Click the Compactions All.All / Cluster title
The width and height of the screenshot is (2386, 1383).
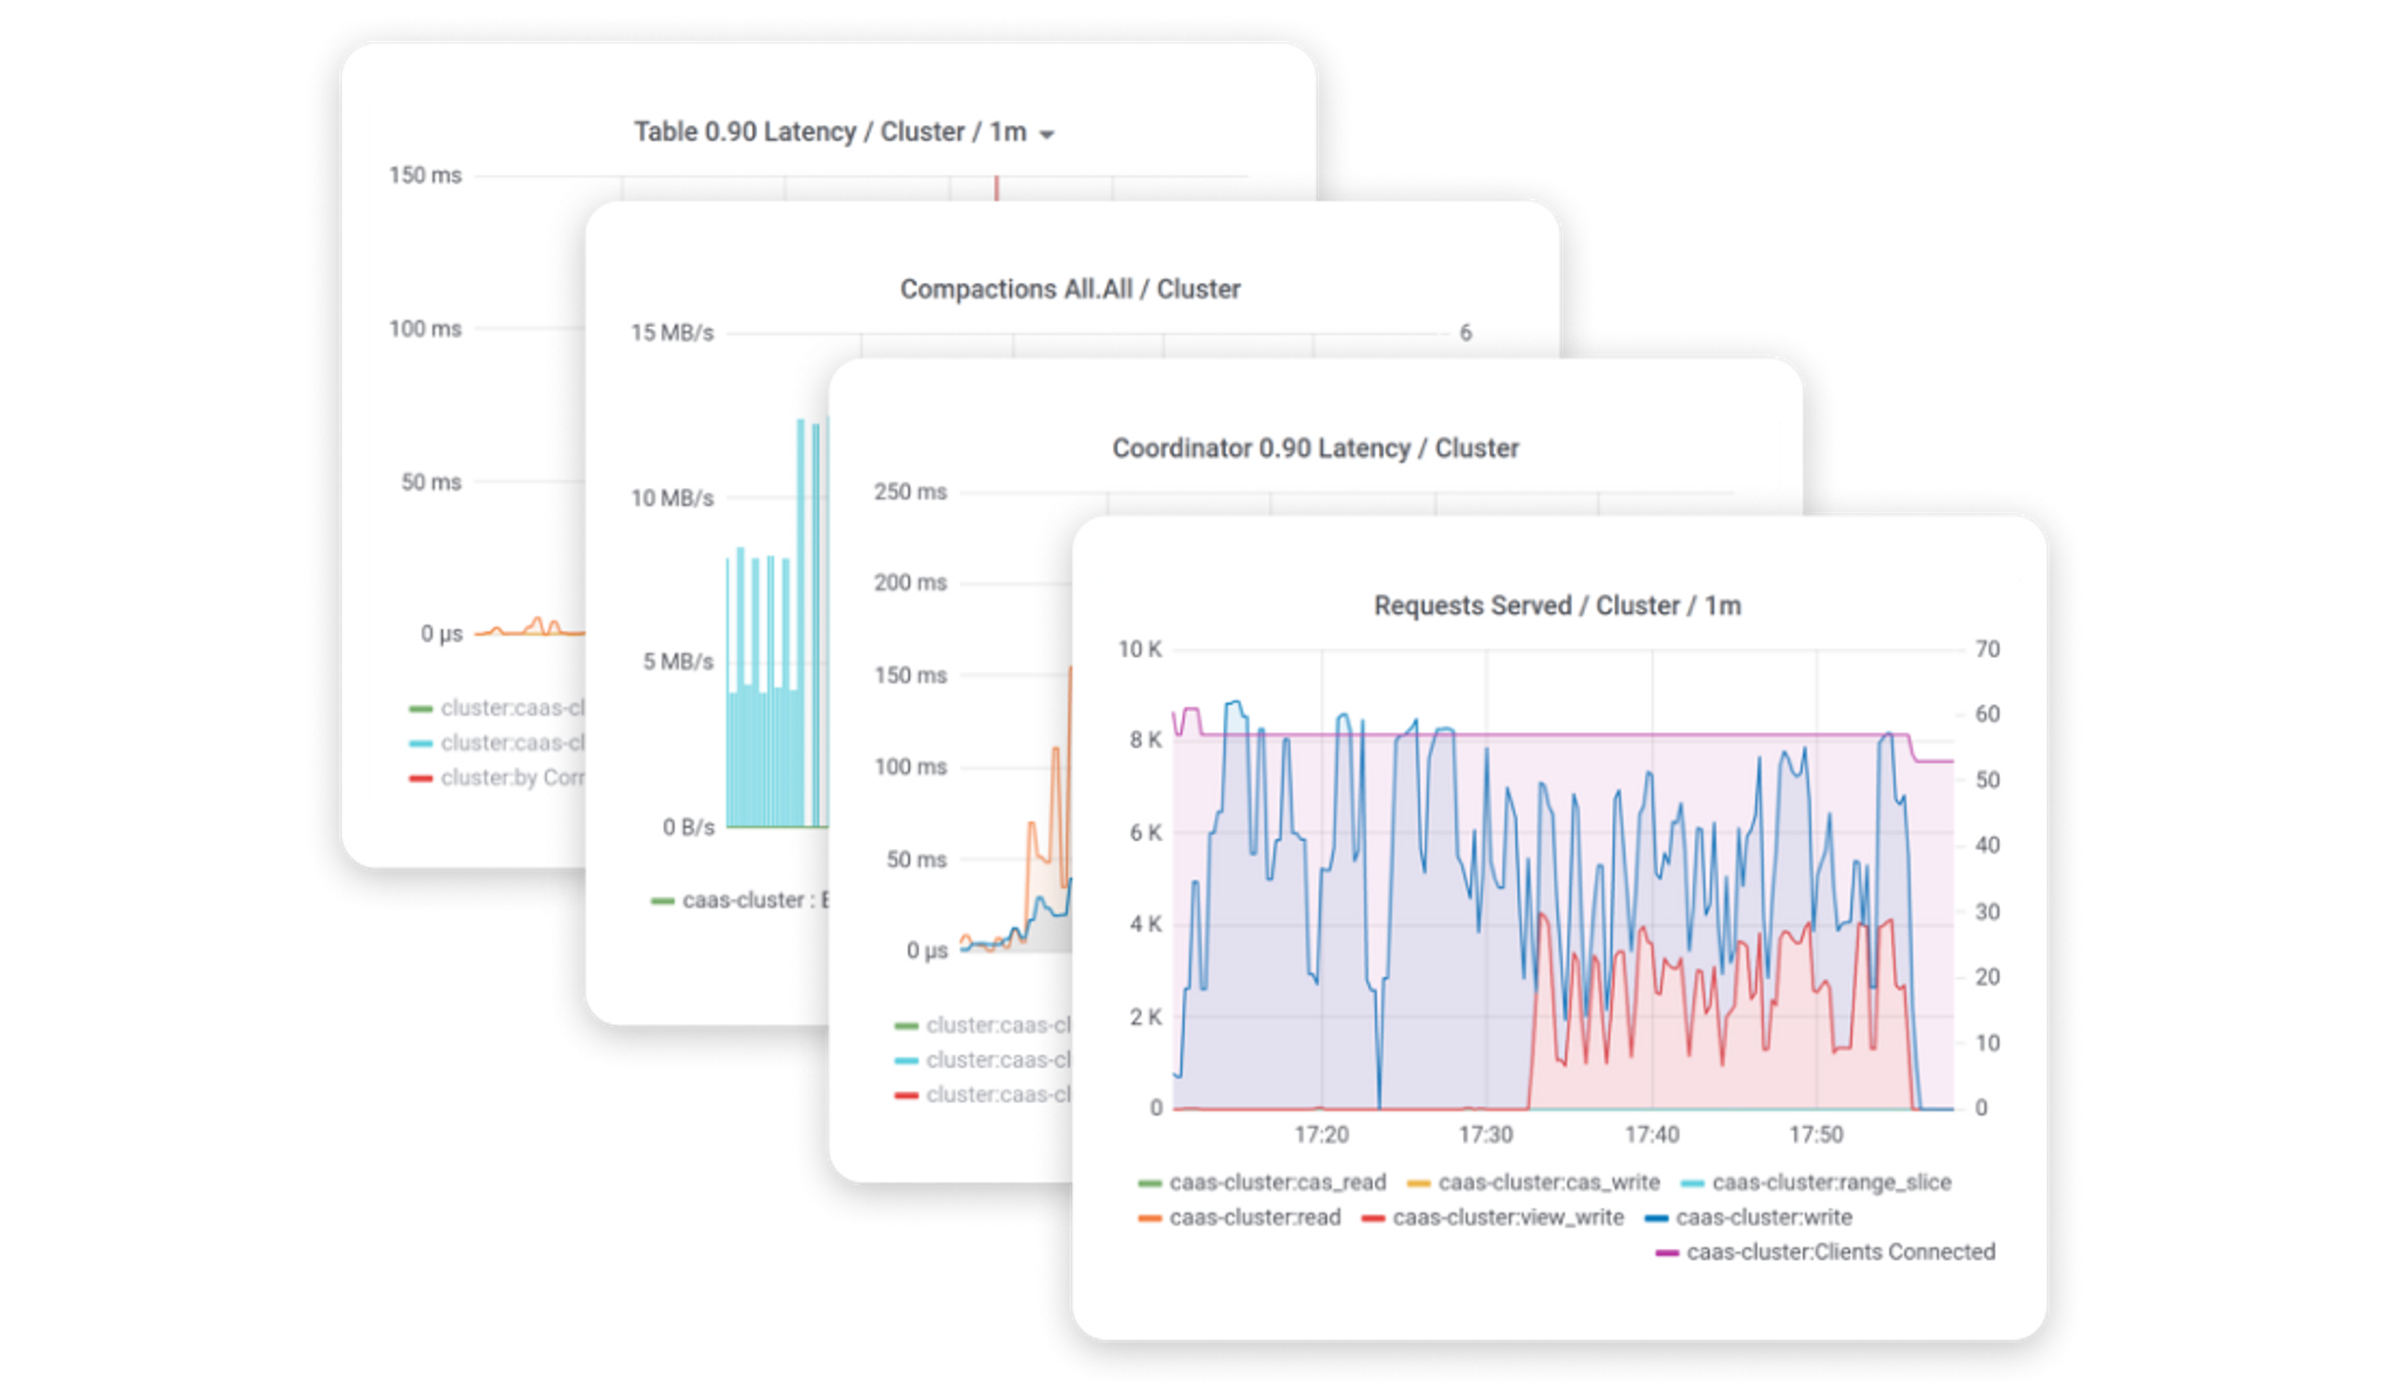(x=1070, y=289)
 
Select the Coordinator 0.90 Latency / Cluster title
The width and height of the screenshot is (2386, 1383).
(x=1315, y=448)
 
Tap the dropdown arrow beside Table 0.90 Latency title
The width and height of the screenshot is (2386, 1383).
(x=1046, y=134)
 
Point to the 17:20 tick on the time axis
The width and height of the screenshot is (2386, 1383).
(x=1321, y=1134)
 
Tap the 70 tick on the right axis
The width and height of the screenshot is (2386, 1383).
(x=1986, y=649)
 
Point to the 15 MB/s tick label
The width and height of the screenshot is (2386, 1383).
(x=672, y=333)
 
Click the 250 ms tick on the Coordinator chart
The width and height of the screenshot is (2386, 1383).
(x=910, y=492)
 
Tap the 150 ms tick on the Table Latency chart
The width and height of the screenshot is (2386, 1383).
(x=425, y=175)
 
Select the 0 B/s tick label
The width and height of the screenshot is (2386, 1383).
(x=688, y=828)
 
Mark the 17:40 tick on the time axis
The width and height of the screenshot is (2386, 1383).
(x=1652, y=1134)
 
